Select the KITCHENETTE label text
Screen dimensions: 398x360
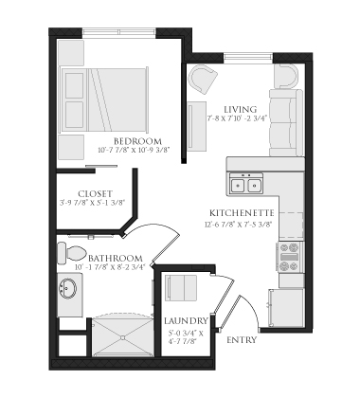[x=243, y=213]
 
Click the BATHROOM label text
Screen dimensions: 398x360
[x=116, y=259]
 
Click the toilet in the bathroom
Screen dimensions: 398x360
[x=70, y=253]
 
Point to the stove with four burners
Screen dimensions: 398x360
[x=289, y=254]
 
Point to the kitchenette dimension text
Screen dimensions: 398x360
[x=243, y=224]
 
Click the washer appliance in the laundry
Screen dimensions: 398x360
[x=180, y=286]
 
